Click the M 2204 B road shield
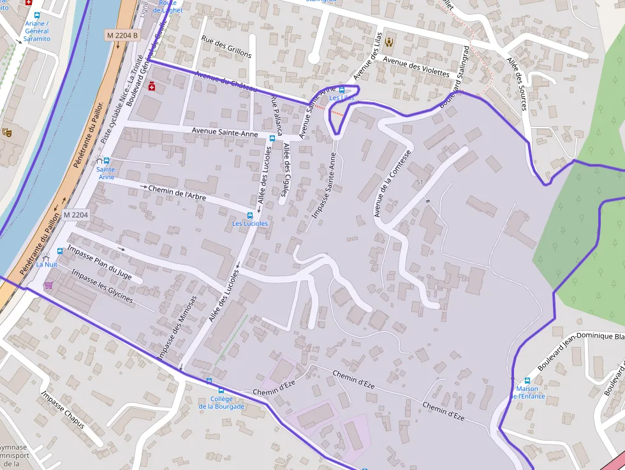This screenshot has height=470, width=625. [122, 36]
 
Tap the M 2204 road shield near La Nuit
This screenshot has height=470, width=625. [75, 216]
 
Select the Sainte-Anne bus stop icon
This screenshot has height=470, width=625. [106, 161]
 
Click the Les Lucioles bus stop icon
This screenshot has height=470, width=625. [250, 215]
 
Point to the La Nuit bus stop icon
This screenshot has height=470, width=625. [60, 252]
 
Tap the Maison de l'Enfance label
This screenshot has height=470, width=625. [527, 392]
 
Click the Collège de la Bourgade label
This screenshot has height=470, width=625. [221, 402]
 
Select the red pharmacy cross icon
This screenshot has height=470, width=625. [152, 86]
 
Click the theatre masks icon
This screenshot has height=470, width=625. [7, 132]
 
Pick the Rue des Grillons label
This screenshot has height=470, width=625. [226, 47]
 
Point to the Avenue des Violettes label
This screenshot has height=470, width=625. [416, 66]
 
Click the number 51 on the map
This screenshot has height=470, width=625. [419, 182]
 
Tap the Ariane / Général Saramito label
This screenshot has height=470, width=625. [36, 31]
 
